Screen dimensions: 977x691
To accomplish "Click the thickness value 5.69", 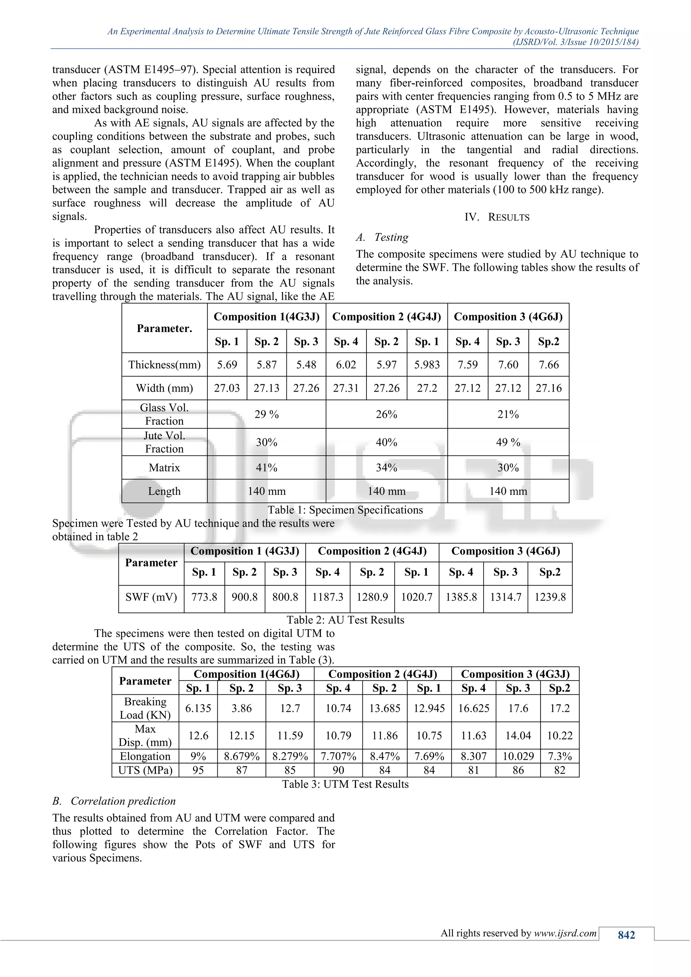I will (x=227, y=365).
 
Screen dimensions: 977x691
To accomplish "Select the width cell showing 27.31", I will (x=345, y=388).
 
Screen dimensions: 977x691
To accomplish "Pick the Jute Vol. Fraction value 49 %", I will (x=508, y=442).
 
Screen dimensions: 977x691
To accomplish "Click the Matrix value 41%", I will (x=266, y=468).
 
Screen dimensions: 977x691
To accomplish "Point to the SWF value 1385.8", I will (x=461, y=597).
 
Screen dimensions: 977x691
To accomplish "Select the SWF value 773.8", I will (x=204, y=597).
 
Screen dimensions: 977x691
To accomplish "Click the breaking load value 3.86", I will (x=241, y=708).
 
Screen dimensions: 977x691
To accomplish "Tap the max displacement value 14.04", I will (x=518, y=735).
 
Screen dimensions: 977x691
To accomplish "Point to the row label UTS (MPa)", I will (x=145, y=770).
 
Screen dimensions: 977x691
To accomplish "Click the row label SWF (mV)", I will (x=151, y=597).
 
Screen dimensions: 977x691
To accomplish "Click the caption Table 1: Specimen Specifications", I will (x=345, y=510).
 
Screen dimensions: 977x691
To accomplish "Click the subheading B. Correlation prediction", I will (x=114, y=801).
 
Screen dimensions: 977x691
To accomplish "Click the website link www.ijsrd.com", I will (x=565, y=933).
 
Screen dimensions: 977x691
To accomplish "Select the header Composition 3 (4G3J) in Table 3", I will (x=515, y=674).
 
